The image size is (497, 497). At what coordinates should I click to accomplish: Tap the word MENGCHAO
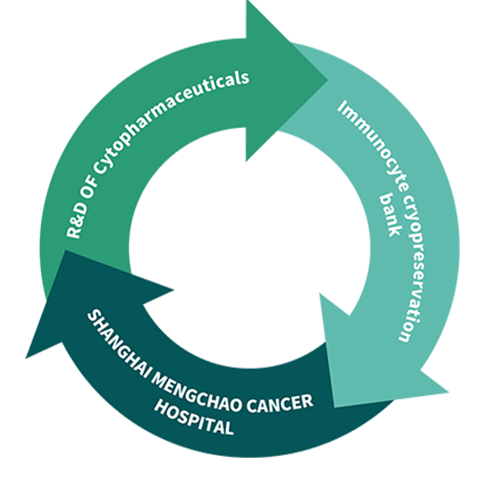195,393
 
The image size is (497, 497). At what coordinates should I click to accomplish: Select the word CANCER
280,404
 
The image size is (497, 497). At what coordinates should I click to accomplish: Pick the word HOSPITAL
194,419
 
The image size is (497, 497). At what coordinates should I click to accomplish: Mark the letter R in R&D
74,233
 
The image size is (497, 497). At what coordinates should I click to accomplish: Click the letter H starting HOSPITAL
161,406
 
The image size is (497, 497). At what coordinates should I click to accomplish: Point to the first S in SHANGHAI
92,317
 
